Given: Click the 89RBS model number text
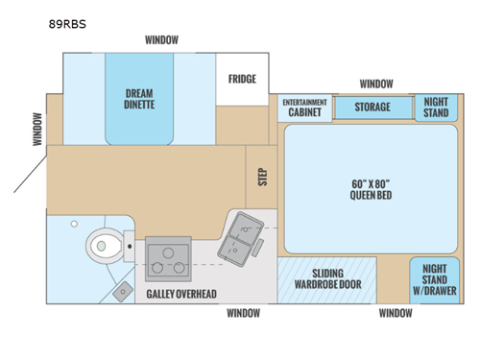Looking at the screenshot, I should [66, 26].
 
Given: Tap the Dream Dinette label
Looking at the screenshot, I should [139, 98].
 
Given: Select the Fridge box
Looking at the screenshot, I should [242, 79].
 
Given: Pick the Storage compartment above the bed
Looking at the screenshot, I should [371, 107].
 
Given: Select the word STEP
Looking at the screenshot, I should [262, 177].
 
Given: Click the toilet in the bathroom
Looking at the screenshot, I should [105, 247].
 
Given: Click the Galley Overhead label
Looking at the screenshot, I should [180, 293].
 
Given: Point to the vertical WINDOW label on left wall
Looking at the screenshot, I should [37, 130].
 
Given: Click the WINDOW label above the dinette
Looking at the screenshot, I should [162, 40].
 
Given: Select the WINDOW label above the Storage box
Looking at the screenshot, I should [375, 84].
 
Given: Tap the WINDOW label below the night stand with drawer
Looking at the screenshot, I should [396, 313].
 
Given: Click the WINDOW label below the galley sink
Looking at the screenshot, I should [243, 313].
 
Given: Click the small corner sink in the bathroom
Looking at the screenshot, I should [123, 290].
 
